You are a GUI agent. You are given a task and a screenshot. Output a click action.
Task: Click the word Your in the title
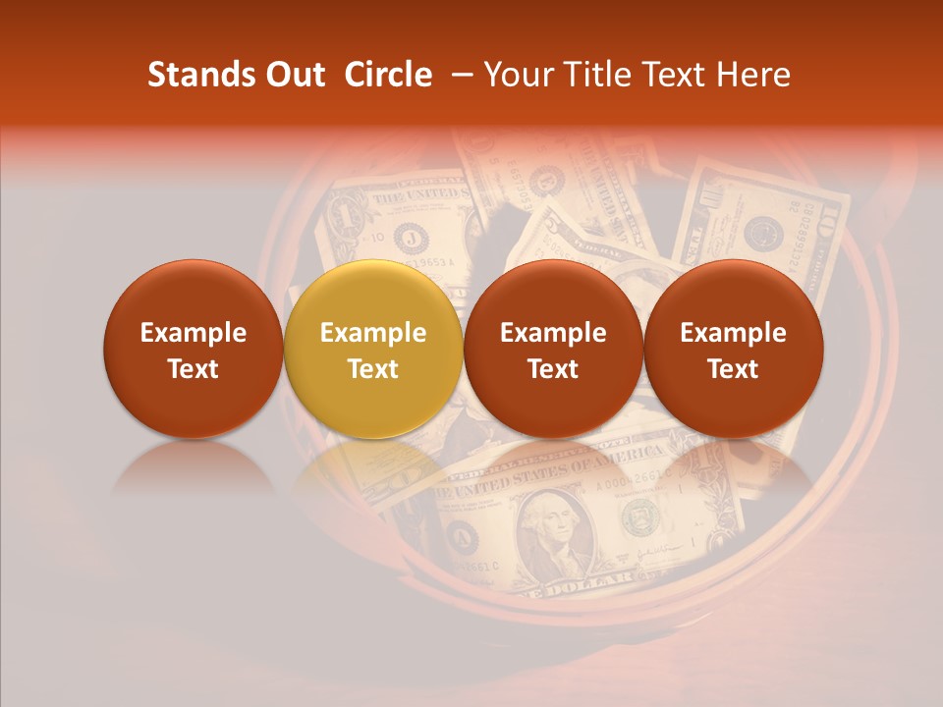[514, 75]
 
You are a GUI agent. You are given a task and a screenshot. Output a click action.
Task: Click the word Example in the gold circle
[373, 333]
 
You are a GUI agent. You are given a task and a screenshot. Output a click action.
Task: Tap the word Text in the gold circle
[373, 369]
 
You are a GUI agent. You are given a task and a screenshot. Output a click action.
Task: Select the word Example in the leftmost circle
[194, 333]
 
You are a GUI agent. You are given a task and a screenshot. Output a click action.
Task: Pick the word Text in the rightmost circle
[734, 369]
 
